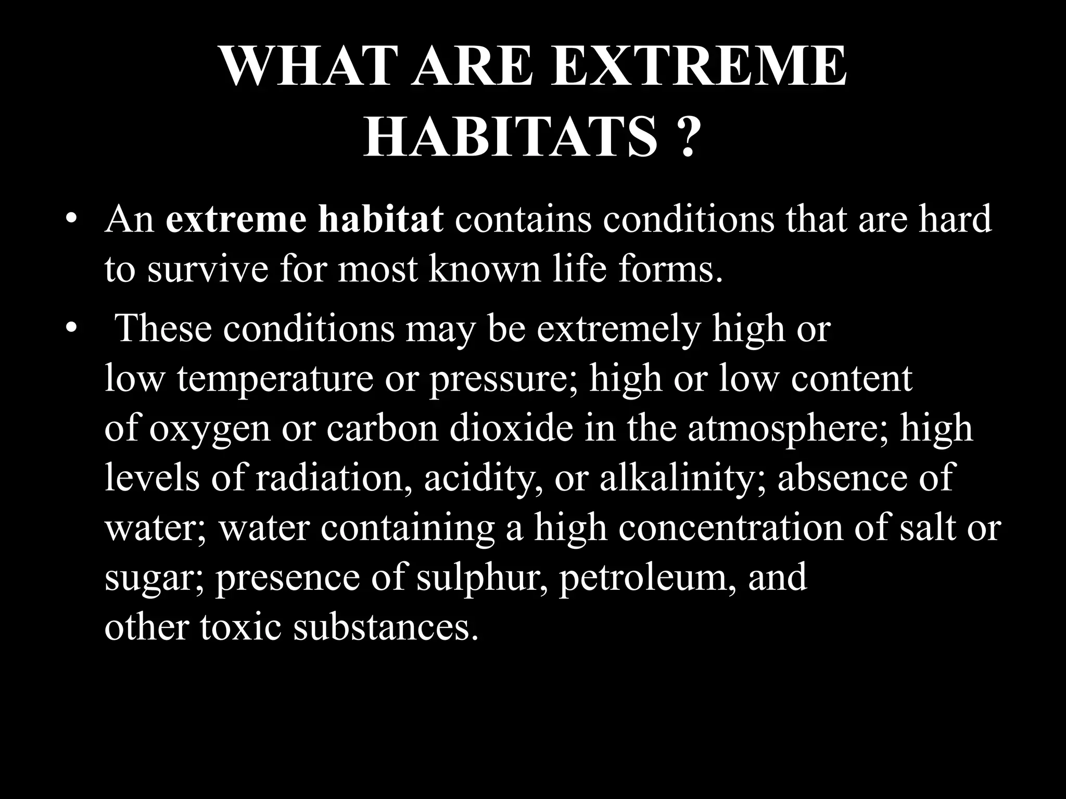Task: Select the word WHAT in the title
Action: (308, 68)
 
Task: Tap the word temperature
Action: (275, 380)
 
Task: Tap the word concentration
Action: (731, 529)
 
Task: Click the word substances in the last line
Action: (385, 627)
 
